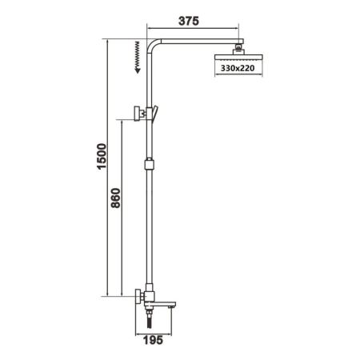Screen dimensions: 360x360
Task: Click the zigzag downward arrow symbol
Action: coord(138,57)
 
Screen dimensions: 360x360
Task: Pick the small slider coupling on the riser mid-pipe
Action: coord(147,166)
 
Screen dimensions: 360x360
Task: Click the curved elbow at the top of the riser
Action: coord(150,45)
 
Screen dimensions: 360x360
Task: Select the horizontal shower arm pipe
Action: coord(196,42)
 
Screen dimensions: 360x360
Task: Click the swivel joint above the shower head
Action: coord(237,49)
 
